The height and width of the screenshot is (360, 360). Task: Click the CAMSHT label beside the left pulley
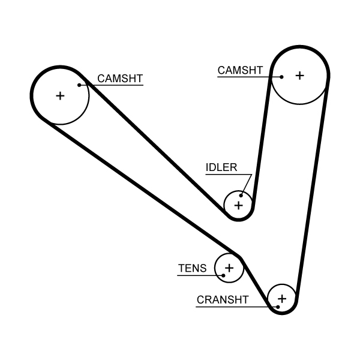point(120,79)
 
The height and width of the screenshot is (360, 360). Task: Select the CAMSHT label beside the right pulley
point(240,70)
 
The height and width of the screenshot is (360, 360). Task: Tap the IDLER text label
point(221,167)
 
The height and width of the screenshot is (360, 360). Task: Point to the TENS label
point(192,268)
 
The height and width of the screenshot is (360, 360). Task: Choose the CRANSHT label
point(222,300)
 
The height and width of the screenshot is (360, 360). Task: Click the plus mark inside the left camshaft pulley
point(59,95)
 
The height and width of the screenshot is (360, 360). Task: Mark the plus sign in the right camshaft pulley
point(299,75)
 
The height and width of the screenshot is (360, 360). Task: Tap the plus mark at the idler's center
point(239,206)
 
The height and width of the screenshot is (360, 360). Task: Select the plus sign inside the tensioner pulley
point(229,268)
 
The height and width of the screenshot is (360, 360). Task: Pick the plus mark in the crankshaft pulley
point(282,298)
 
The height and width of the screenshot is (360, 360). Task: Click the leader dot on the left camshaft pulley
point(79,85)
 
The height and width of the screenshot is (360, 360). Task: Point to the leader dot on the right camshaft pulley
point(281,77)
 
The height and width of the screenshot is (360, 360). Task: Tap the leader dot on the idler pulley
point(241,195)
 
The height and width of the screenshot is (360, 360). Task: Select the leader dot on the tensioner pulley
point(223,275)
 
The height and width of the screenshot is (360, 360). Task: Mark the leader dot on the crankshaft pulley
point(278,307)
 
